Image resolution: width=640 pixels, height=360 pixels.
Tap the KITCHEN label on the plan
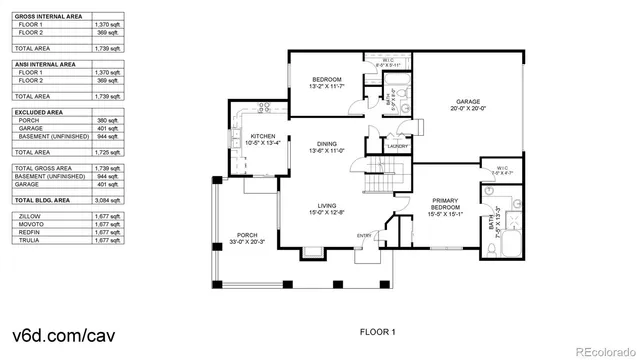point(262,135)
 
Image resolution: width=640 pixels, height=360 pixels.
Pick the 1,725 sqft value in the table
point(107,151)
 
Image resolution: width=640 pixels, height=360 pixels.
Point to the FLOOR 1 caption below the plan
point(378,331)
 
